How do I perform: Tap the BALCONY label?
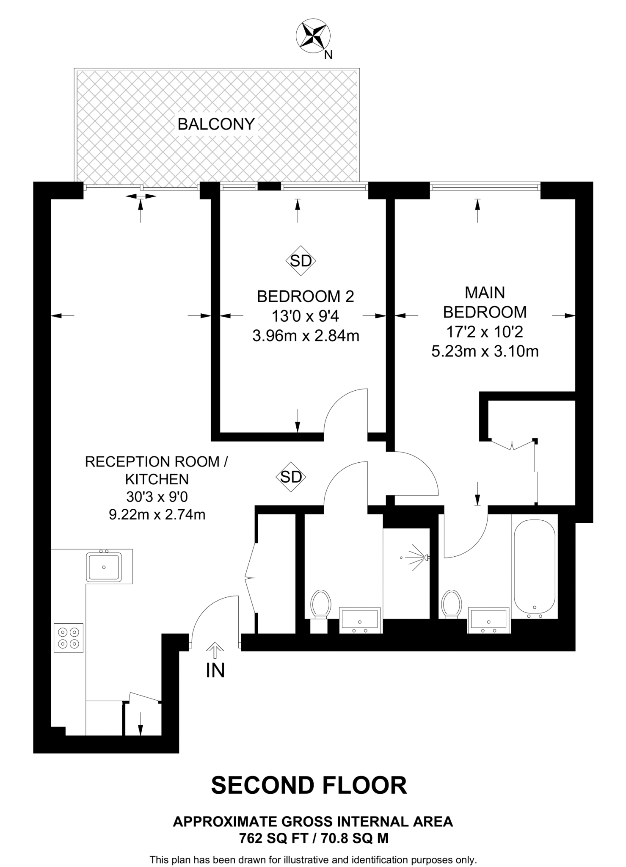(x=216, y=124)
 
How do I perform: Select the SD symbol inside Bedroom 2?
(x=301, y=261)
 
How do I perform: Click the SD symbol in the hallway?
(x=291, y=477)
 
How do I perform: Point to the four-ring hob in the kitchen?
(x=69, y=638)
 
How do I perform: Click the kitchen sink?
(x=104, y=567)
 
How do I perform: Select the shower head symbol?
(x=419, y=558)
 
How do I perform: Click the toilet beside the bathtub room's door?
(x=451, y=604)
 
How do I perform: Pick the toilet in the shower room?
(x=320, y=604)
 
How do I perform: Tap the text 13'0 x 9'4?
(x=305, y=316)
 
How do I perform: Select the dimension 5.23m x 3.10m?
(x=485, y=351)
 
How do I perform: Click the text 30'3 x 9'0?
(x=157, y=497)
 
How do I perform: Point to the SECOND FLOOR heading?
(x=309, y=785)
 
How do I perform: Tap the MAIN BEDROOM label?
(x=485, y=302)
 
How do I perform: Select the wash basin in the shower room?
(x=360, y=619)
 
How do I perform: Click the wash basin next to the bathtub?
(x=488, y=619)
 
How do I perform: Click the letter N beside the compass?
(x=328, y=55)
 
